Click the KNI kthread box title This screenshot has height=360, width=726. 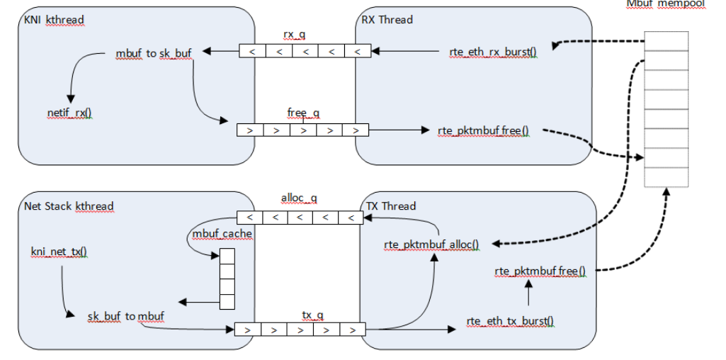54,21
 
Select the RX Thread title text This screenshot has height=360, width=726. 386,20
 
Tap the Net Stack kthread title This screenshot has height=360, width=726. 69,206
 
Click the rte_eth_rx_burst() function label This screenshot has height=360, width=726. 493,52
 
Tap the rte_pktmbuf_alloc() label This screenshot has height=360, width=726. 431,244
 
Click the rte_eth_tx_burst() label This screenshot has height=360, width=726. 510,321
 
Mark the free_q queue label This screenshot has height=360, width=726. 303,113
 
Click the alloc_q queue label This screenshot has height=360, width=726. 300,200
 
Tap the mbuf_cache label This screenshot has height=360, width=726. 222,234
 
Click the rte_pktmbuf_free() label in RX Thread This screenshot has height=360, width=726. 484,130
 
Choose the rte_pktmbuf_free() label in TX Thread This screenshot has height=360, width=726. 540,271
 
